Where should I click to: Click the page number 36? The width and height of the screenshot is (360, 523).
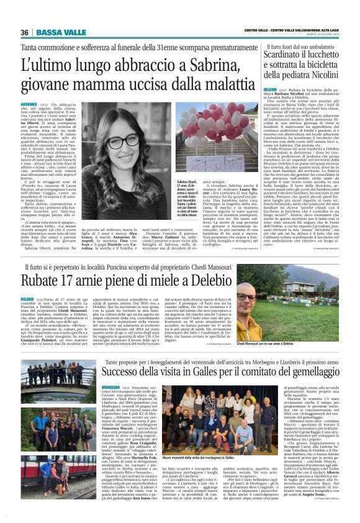click(x=25, y=32)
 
